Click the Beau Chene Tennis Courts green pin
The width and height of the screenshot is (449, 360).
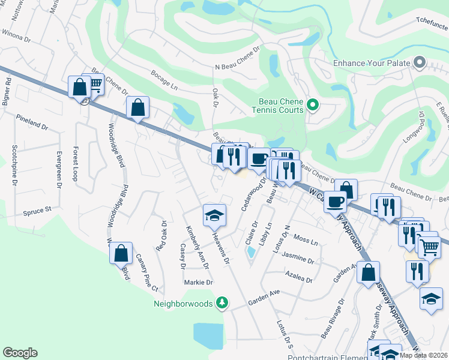click(x=312, y=106)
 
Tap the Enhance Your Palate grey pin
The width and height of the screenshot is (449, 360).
click(x=419, y=63)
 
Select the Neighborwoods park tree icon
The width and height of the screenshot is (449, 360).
click(x=223, y=303)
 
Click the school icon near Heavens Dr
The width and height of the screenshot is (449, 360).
click(x=214, y=215)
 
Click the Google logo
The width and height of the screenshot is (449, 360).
click(x=20, y=353)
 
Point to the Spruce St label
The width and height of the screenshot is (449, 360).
click(x=38, y=211)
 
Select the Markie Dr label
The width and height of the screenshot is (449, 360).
click(x=198, y=282)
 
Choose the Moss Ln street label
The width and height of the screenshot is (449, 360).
click(x=306, y=240)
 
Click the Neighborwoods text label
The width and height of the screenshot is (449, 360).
click(x=183, y=304)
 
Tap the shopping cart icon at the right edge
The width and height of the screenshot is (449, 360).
click(x=429, y=247)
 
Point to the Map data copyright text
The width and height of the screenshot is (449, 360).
click(x=424, y=355)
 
